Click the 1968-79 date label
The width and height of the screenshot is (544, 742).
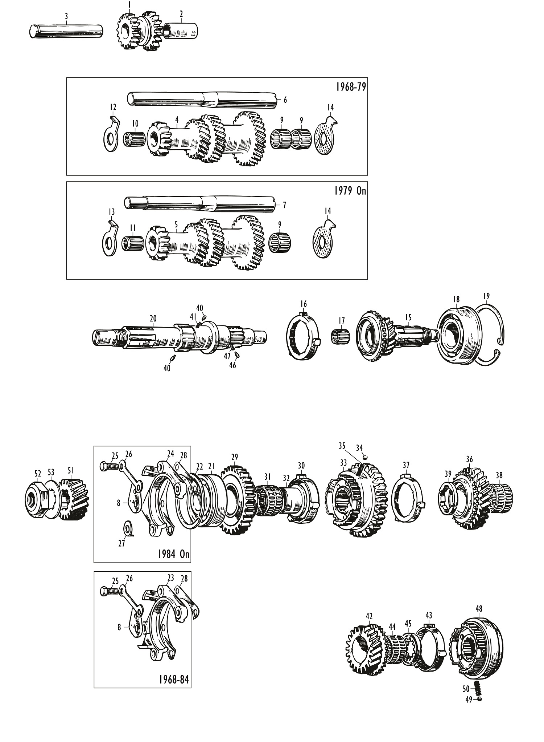(350, 88)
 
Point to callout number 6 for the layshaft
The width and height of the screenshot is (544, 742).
(285, 100)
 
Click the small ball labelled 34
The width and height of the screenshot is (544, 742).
(365, 458)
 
